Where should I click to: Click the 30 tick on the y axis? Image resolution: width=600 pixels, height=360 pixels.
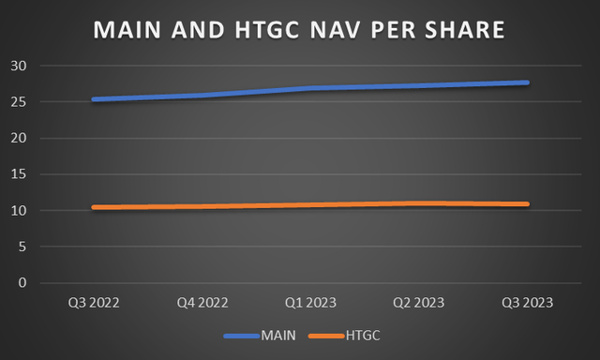click(x=20, y=66)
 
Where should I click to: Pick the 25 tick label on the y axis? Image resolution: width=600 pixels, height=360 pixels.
click(x=20, y=102)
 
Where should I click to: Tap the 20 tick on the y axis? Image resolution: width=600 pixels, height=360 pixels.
click(x=20, y=138)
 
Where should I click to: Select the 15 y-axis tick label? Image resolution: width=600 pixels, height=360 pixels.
click(x=20, y=174)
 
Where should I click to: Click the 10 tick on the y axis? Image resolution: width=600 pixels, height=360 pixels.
click(x=20, y=210)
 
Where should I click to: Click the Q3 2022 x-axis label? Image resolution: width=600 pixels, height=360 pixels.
click(x=92, y=302)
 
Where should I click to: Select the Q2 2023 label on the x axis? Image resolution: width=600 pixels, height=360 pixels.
click(x=418, y=302)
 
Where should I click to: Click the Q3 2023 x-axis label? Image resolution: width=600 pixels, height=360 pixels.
click(x=527, y=302)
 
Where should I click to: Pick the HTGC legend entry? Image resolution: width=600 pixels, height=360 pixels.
click(x=355, y=334)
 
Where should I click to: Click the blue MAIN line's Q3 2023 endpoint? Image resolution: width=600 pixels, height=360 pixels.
click(x=528, y=82)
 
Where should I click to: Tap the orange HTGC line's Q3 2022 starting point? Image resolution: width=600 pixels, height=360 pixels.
click(x=92, y=207)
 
